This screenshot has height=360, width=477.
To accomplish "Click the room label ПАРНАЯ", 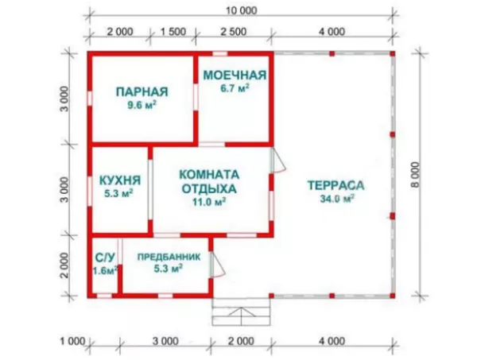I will (x=140, y=90).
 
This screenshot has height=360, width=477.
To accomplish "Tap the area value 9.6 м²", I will (x=140, y=104).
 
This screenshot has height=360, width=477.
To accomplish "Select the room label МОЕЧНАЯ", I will (x=235, y=75).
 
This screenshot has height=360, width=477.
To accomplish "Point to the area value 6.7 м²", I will (x=235, y=88).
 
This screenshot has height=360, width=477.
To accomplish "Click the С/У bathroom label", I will (x=103, y=257).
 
